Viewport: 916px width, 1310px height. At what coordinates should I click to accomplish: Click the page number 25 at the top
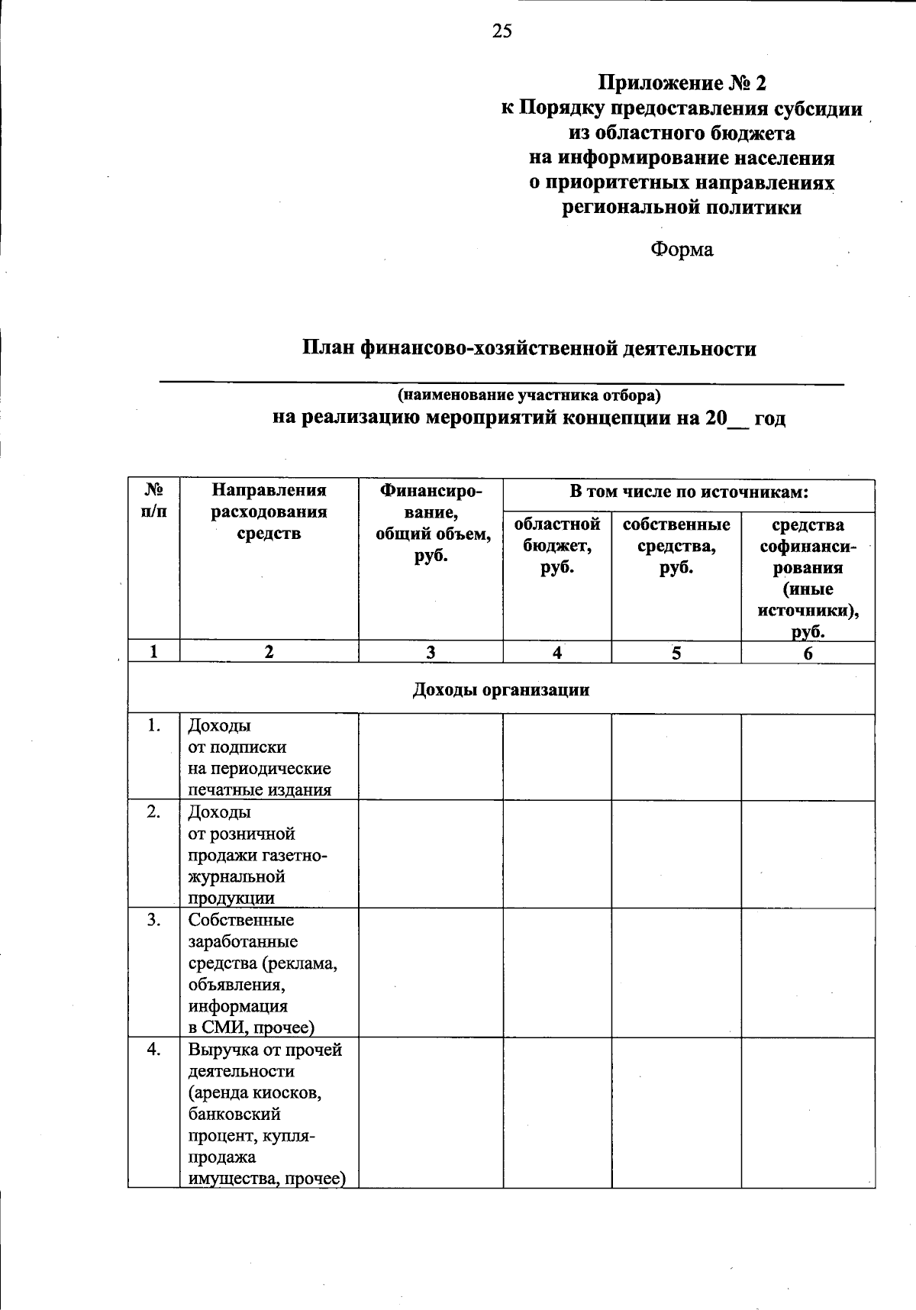coord(502,31)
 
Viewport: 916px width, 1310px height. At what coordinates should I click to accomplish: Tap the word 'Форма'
coord(682,250)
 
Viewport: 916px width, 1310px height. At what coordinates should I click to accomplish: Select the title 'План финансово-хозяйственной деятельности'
coord(529,349)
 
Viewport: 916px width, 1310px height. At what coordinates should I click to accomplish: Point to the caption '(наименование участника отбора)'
coord(529,395)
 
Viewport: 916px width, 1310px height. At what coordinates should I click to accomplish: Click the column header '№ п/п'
coord(154,501)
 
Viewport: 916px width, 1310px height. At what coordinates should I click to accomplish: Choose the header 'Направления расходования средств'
coord(269,511)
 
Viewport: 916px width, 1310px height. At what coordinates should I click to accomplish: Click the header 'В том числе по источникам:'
coord(689,492)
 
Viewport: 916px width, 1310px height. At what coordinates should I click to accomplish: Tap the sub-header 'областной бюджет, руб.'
coord(557,546)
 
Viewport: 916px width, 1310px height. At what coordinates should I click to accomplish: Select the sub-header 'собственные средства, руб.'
coord(676,546)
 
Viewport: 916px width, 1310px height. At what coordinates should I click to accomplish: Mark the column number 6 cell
coord(808,653)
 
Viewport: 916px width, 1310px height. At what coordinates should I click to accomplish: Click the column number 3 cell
coord(431,652)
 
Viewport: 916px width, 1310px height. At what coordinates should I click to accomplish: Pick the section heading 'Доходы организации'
coord(501,690)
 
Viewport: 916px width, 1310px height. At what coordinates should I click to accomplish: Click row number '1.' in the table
coord(154,726)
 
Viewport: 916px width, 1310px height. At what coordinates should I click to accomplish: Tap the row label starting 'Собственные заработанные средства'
coord(263,973)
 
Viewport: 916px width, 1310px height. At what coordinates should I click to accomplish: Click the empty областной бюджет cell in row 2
coord(557,854)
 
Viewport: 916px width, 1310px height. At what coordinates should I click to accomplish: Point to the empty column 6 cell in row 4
coord(808,1113)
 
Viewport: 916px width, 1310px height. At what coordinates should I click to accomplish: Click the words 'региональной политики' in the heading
coord(682,208)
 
